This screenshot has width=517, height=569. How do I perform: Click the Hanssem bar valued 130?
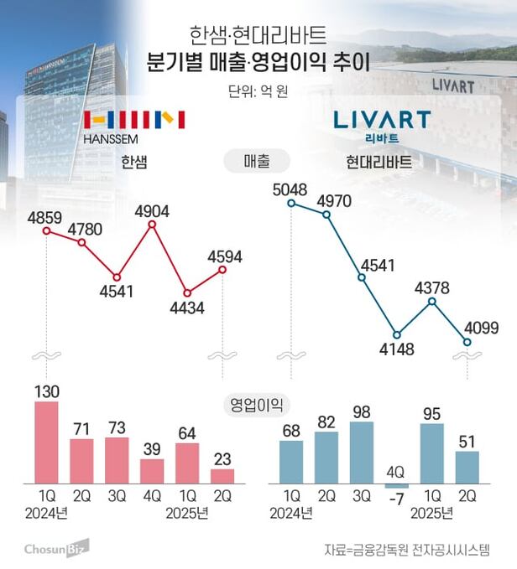46,442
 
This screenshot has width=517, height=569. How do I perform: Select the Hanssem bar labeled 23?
222,476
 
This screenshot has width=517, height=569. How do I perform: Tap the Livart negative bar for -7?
396,486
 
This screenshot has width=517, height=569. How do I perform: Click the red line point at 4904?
152,225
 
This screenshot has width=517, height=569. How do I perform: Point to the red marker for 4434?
187,293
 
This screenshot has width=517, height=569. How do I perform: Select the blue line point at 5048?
291,202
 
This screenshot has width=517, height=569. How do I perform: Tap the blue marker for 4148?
397,334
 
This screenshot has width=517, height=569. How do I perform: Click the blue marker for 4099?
467,341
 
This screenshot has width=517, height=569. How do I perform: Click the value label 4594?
224,256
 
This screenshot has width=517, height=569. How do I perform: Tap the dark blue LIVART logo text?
382,118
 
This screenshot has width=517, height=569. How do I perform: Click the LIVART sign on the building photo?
453,85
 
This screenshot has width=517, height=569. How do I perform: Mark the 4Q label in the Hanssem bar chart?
152,496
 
